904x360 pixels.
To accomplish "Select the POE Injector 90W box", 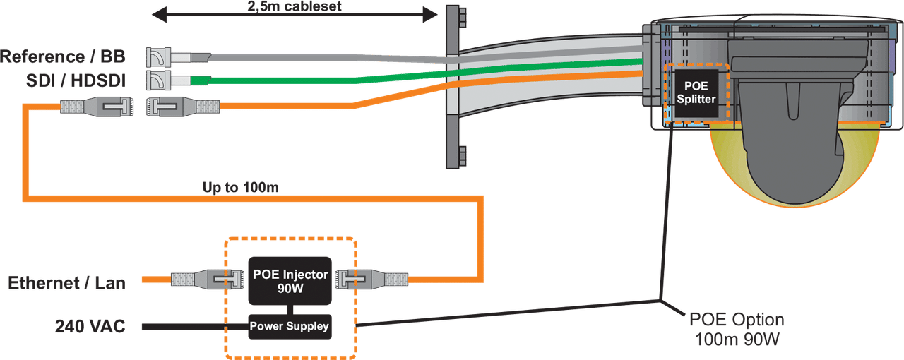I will pyautogui.click(x=290, y=280).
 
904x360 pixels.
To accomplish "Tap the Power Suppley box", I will pyautogui.click(x=290, y=326).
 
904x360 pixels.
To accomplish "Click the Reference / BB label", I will pyautogui.click(x=64, y=55).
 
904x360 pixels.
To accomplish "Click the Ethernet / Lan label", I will pyautogui.click(x=67, y=283).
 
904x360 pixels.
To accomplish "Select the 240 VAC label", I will pyautogui.click(x=90, y=326).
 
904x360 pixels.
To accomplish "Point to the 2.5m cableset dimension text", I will pyautogui.click(x=293, y=7).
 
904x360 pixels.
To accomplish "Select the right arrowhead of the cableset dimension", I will pyautogui.click(x=430, y=13).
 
